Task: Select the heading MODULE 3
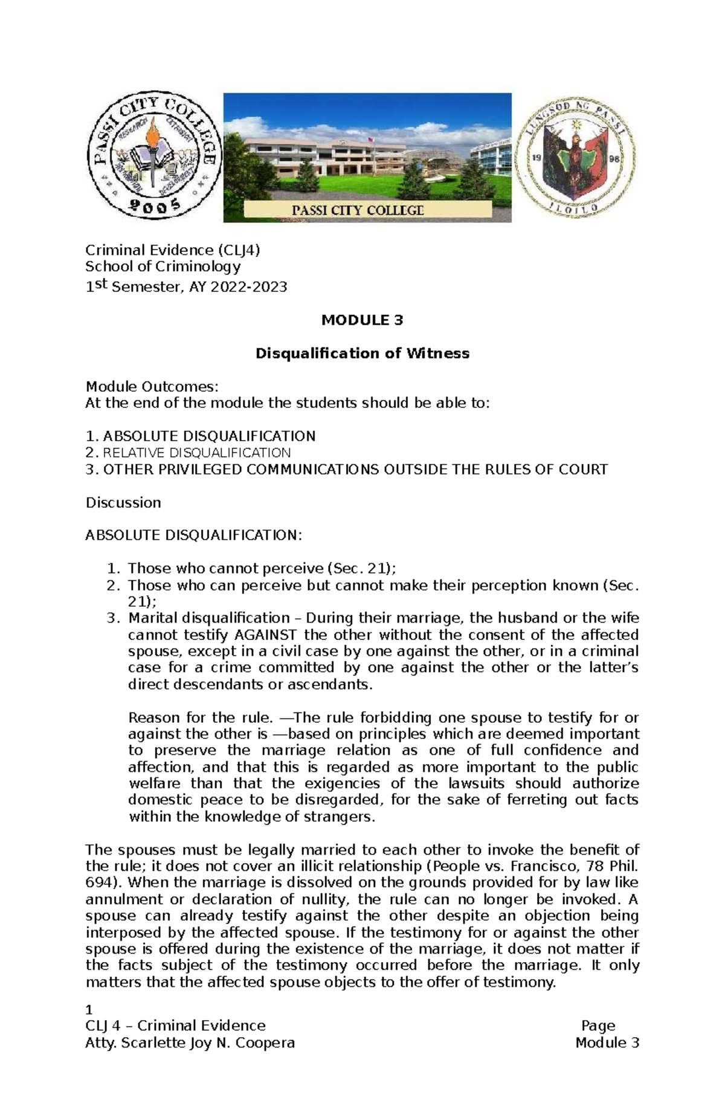362,320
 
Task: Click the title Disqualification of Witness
362,354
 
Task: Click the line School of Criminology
163,267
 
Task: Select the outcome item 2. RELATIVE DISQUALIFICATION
188,453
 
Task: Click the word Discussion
123,503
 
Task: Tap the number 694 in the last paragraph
97,883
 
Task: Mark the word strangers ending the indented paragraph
341,817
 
